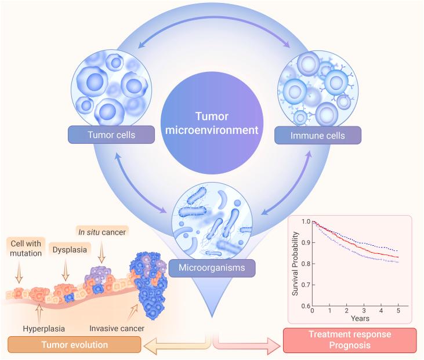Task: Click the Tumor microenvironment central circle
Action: click(x=216, y=122)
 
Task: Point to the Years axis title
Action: click(x=354, y=319)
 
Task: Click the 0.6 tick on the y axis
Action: click(x=305, y=306)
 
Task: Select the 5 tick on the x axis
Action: click(x=397, y=311)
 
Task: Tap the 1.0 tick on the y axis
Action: click(x=305, y=221)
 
